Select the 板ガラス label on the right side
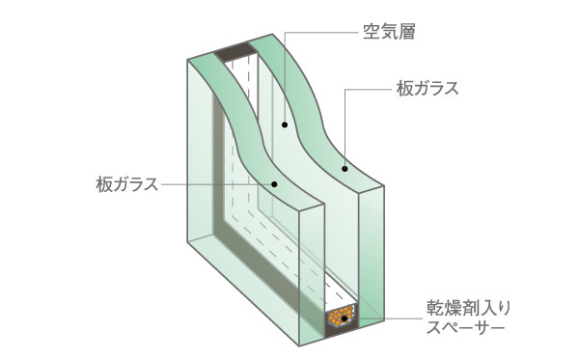pyautogui.click(x=426, y=90)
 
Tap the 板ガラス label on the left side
pyautogui.click(x=126, y=182)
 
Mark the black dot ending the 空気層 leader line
pyautogui.click(x=285, y=125)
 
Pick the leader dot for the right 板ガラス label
pyautogui.click(x=345, y=169)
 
